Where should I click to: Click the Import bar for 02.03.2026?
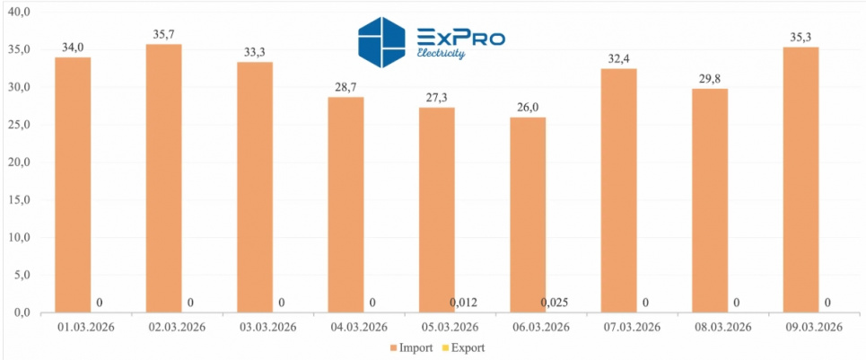click(x=163, y=179)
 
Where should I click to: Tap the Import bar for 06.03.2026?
click(x=528, y=215)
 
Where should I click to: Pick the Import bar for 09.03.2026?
click(x=800, y=180)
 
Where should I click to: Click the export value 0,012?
click(x=463, y=303)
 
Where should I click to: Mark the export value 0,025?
click(x=555, y=303)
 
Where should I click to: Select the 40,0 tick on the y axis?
click(x=16, y=12)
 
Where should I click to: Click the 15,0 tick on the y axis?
click(x=16, y=199)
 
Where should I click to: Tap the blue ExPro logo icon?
click(x=382, y=42)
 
